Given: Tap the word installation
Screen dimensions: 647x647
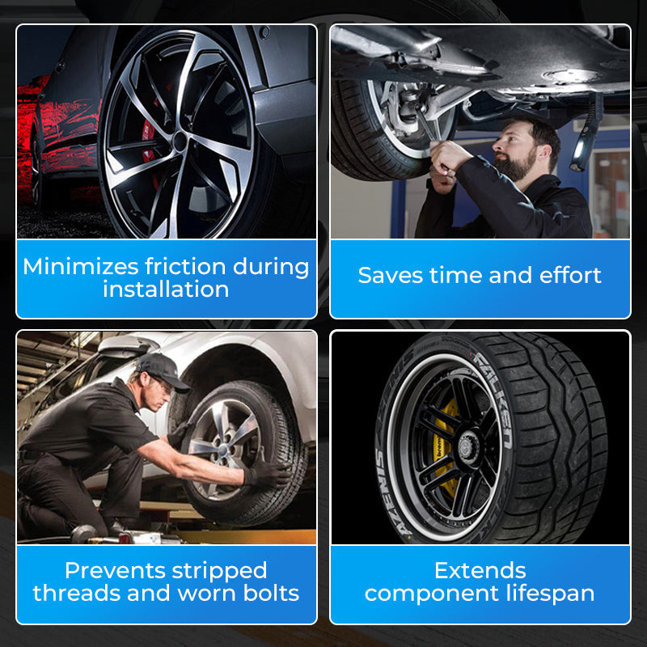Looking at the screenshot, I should [166, 290].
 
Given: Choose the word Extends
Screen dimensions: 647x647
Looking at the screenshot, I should [480, 570].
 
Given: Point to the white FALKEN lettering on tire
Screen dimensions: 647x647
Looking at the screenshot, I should [491, 396].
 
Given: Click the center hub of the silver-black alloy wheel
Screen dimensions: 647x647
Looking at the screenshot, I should [180, 139].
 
